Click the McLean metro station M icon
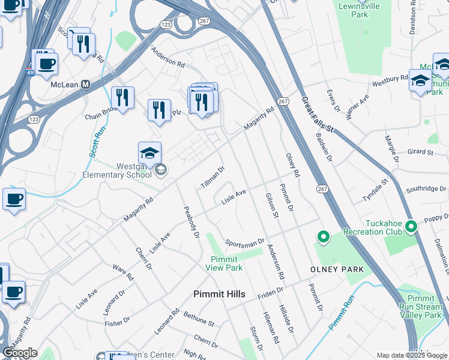pyautogui.click(x=85, y=85)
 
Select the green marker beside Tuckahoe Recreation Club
pyautogui.click(x=411, y=227)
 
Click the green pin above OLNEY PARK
pyautogui.click(x=324, y=238)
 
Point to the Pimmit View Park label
pyautogui.click(x=226, y=263)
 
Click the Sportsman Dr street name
pyautogui.click(x=245, y=242)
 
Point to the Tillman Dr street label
pyautogui.click(x=212, y=177)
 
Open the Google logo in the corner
pyautogui.click(x=20, y=353)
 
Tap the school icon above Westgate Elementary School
pyautogui.click(x=149, y=154)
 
